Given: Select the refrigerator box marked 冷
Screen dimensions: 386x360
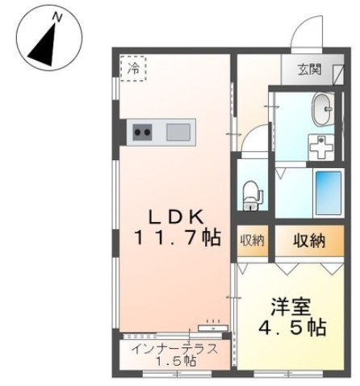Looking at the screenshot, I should point(134,68).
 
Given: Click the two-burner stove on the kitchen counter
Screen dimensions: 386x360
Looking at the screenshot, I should point(144,130).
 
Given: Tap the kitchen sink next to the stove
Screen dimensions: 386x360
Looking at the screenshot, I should point(178,130).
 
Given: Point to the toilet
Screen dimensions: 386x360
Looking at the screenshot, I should point(252,194).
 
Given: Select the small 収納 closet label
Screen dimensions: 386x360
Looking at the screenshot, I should point(251,240).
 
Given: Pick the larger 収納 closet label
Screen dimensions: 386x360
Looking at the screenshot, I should point(308,240).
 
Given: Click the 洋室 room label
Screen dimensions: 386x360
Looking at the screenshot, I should point(291,308).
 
